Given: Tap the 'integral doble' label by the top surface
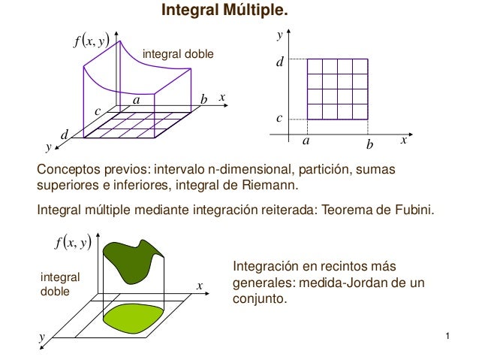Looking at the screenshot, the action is pos(178,54).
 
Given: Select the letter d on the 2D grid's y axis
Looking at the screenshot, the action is pos(281,66).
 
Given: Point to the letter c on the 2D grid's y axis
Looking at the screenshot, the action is pos(280,119).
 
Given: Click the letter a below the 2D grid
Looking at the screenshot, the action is pos(306,141).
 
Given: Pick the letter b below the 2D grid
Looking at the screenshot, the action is pos(369,142).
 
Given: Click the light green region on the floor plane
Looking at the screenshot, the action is pos(136,319).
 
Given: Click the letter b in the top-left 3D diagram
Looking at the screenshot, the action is pos(203,99).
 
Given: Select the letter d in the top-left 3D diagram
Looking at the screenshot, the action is pos(65,134).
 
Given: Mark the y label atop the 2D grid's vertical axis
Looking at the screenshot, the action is pos(279,35).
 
